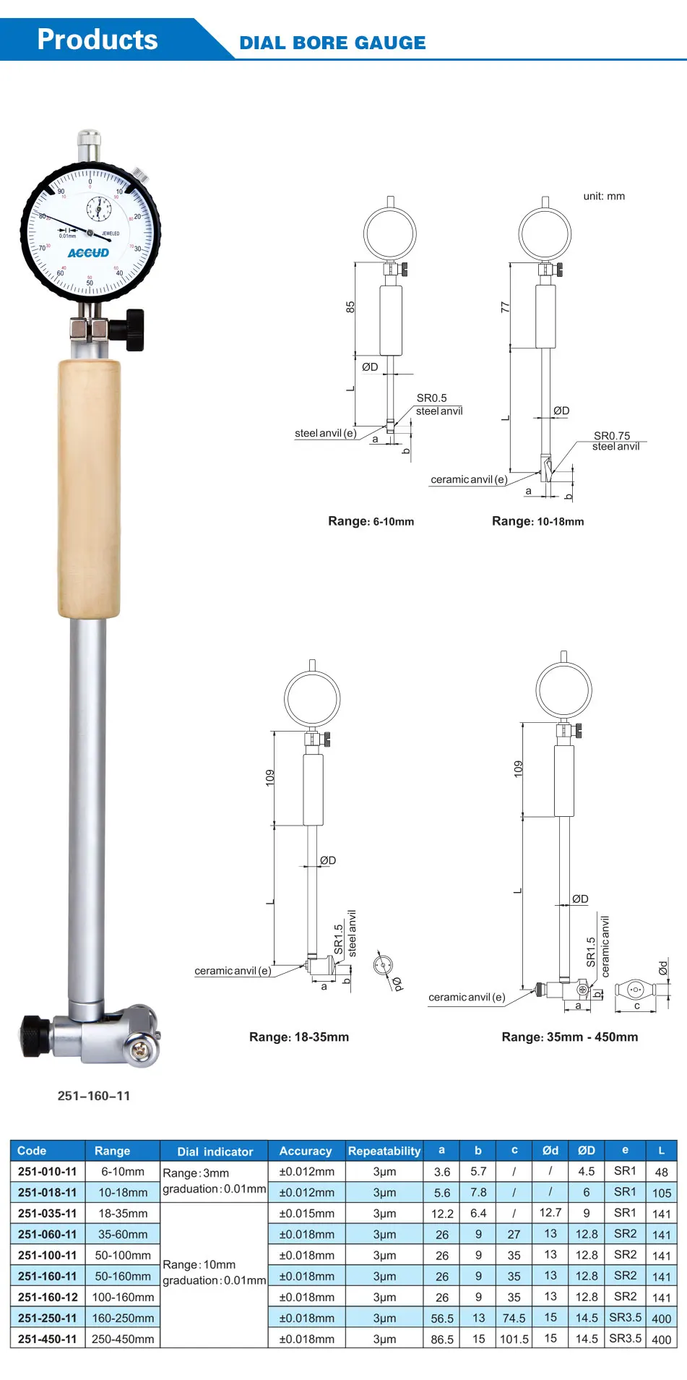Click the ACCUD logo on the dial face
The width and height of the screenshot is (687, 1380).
point(88,253)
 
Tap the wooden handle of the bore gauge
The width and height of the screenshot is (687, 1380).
point(89,489)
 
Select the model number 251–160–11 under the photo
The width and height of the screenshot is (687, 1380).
point(94,1096)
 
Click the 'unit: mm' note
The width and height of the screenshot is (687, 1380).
point(604,196)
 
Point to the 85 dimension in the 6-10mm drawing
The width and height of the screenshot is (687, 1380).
point(350,307)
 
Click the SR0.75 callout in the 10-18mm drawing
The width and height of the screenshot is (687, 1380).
point(612,435)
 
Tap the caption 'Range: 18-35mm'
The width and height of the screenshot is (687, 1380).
point(299,1037)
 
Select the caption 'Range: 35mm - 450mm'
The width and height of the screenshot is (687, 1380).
point(570,1037)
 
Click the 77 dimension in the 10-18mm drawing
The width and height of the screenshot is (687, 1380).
point(506,307)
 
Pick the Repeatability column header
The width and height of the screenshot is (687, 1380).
point(384,1151)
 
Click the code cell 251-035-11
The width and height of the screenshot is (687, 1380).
point(47,1213)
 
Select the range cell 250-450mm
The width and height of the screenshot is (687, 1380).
point(123,1339)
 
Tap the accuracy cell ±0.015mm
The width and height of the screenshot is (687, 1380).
point(306,1213)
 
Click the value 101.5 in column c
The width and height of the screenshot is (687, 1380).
point(514,1339)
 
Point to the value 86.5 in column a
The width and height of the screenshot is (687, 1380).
point(442,1339)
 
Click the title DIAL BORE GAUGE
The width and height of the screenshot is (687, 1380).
point(332,43)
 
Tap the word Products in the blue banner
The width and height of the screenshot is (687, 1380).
point(97,40)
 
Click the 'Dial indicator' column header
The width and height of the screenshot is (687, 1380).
point(215,1152)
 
